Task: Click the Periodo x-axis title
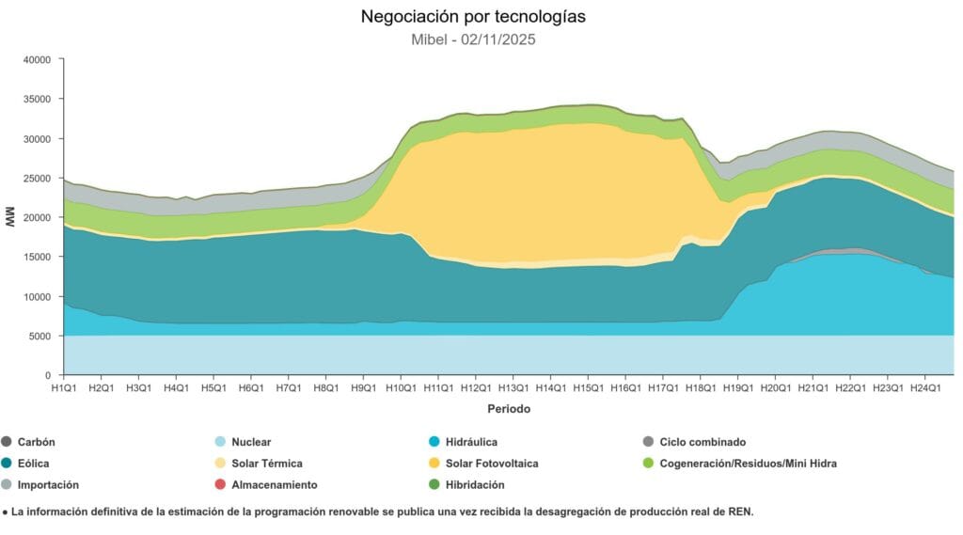click(508, 409)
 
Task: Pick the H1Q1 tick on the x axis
click(63, 387)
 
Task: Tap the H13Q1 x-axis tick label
click(513, 387)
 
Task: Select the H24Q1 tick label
click(925, 387)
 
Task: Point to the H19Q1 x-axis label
click(738, 387)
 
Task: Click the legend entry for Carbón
click(36, 442)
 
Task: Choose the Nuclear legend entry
click(251, 442)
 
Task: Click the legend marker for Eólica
click(7, 464)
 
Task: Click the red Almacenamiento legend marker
click(220, 485)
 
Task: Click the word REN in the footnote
click(740, 512)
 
